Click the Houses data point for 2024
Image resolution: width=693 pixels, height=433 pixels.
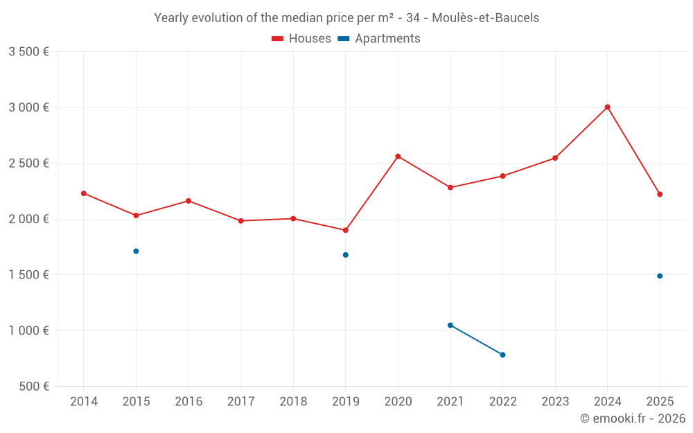coord(607,107)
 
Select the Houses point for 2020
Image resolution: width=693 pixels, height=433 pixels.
coord(398,156)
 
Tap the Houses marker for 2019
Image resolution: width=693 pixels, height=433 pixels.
coord(345,230)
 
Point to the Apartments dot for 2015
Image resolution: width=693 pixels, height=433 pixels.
coord(136,251)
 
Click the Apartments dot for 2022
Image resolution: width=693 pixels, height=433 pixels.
coord(502,355)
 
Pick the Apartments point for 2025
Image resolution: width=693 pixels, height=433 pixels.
coord(660,276)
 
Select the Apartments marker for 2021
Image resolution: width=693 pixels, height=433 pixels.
coord(450,325)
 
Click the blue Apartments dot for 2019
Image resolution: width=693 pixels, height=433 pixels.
coord(345,255)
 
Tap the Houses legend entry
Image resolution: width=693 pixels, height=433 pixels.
coord(301,39)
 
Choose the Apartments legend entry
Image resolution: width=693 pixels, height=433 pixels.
coord(379,39)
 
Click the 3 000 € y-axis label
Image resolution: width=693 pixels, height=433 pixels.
coord(28,107)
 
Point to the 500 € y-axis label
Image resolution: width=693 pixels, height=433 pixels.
coord(33,386)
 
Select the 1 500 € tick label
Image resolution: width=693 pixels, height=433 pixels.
coord(28,274)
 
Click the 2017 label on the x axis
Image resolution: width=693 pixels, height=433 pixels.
coord(240,401)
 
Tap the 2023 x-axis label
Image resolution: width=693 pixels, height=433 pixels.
coord(555,401)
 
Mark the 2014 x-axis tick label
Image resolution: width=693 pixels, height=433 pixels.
coord(84,401)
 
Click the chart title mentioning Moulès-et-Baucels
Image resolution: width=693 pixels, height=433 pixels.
coord(346,18)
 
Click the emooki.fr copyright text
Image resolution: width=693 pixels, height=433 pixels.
coord(632,418)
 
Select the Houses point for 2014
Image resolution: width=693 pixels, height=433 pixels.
coord(84,193)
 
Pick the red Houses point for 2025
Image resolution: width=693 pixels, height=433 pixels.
coord(660,194)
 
